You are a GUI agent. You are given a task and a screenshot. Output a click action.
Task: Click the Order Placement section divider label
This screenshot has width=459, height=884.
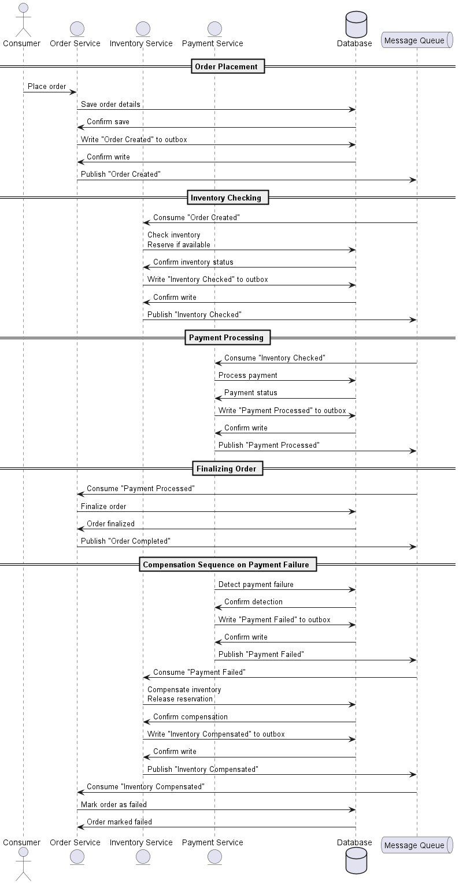228,66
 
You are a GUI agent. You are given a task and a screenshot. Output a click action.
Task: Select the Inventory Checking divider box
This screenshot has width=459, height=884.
228,198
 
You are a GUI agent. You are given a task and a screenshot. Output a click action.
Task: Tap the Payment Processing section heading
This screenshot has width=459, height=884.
228,337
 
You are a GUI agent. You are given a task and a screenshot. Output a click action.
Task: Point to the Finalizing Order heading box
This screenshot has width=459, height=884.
228,469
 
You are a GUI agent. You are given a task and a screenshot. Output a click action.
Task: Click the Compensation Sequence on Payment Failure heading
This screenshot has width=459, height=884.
228,564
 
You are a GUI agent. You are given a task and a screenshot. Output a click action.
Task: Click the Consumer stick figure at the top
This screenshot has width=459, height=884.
23,20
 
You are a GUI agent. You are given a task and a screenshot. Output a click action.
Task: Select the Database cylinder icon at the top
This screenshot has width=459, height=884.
356,24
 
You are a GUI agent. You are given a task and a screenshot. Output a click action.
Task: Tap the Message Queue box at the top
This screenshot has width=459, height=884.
417,40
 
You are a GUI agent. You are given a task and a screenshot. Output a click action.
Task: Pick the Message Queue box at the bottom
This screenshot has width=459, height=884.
417,845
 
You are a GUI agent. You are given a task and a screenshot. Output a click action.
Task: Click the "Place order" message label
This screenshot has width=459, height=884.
47,87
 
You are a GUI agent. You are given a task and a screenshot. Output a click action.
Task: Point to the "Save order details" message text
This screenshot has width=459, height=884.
110,104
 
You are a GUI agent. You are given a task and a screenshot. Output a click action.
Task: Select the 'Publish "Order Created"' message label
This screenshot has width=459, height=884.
121,174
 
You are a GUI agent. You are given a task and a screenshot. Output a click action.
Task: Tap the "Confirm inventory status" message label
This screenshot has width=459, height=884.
193,262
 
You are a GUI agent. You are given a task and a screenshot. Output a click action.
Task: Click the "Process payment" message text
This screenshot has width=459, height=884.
247,376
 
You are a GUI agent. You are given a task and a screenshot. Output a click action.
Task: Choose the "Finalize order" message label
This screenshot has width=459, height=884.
103,506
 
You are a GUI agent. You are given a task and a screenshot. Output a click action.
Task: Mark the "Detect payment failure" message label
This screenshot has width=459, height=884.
256,585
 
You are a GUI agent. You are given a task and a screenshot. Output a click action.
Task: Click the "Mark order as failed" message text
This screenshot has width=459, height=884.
114,804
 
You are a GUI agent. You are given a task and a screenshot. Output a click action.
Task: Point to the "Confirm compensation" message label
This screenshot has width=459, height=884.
190,716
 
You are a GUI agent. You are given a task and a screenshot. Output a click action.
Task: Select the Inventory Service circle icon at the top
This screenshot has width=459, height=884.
143,29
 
